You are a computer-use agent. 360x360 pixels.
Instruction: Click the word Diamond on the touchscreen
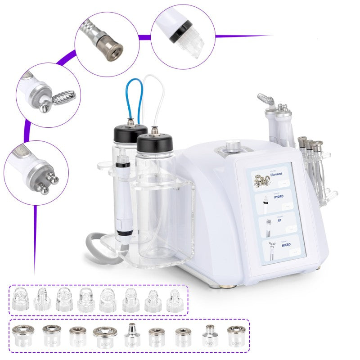coord(276,174)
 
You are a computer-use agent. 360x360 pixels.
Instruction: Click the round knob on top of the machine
coord(233,146)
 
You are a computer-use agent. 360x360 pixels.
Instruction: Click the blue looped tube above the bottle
coord(134,97)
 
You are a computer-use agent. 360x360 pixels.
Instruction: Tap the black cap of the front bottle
coord(154,143)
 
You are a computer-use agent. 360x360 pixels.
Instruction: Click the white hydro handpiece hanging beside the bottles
coord(121,198)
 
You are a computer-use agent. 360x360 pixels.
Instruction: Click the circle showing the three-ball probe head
coord(36,173)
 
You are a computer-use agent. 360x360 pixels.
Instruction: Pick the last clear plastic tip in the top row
coord(175,300)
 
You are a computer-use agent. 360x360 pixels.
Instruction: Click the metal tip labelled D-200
coord(209,335)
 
